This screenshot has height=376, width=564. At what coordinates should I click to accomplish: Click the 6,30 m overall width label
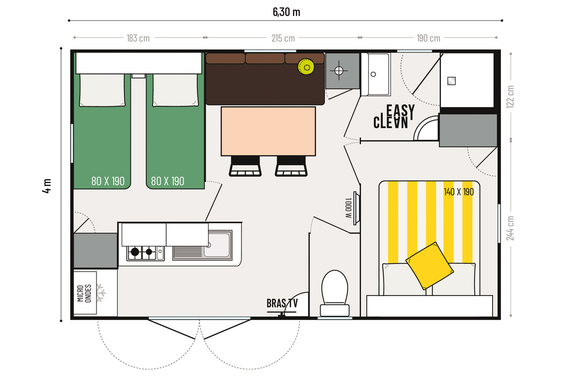pyautogui.click(x=286, y=12)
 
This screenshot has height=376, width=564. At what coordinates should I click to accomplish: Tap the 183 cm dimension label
pyautogui.click(x=138, y=38)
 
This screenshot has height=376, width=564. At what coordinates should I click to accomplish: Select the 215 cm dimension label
pyautogui.click(x=283, y=38)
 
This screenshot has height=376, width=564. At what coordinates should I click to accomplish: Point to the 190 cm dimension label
pyautogui.click(x=428, y=38)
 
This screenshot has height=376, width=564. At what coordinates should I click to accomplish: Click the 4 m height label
pyautogui.click(x=47, y=186)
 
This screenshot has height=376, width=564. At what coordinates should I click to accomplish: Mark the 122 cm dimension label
pyautogui.click(x=510, y=97)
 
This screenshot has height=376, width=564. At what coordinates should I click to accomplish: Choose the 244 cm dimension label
pyautogui.click(x=510, y=228)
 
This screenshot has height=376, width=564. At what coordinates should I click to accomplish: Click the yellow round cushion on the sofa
pyautogui.click(x=306, y=67)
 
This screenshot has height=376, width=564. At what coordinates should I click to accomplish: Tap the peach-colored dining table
pyautogui.click(x=268, y=131)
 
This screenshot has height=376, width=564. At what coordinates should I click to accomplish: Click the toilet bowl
pyautogui.click(x=335, y=293)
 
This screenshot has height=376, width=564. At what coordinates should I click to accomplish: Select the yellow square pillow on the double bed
pyautogui.click(x=430, y=266)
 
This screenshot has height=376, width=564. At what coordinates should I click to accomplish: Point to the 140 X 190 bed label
pyautogui.click(x=459, y=192)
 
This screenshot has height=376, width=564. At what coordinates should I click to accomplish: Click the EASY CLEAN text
pyautogui.click(x=394, y=117)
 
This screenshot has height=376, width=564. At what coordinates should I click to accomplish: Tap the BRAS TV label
pyautogui.click(x=282, y=303)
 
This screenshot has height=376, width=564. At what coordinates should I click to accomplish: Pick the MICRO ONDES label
pyautogui.click(x=84, y=293)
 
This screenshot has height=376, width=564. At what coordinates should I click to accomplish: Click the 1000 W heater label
pyautogui.click(x=348, y=208)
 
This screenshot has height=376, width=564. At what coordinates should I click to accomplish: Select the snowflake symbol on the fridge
pyautogui.click(x=101, y=293)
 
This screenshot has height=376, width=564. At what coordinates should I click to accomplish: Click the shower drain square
pyautogui.click(x=452, y=81)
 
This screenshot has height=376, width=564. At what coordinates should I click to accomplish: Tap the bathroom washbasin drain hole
pyautogui.click(x=373, y=74)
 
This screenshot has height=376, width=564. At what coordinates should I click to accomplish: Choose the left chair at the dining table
pyautogui.click(x=245, y=166)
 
